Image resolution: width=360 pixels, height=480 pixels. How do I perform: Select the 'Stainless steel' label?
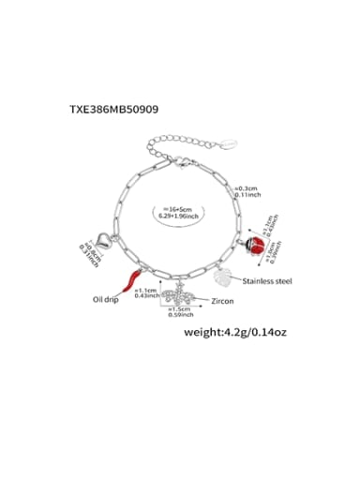(x=268, y=280)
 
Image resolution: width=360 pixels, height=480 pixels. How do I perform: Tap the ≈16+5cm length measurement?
(x=178, y=208)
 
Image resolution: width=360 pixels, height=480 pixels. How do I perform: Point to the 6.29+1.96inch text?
(x=178, y=217)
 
